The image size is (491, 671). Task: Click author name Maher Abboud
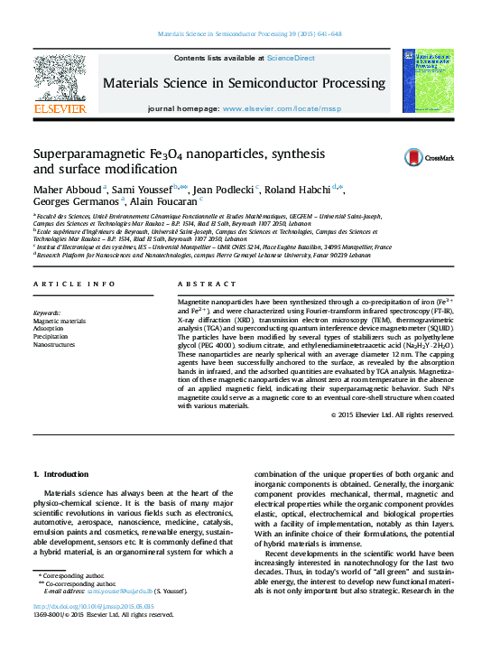click(67, 188)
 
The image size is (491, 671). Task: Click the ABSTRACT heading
click(204, 284)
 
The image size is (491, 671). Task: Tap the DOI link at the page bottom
click(94, 631)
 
